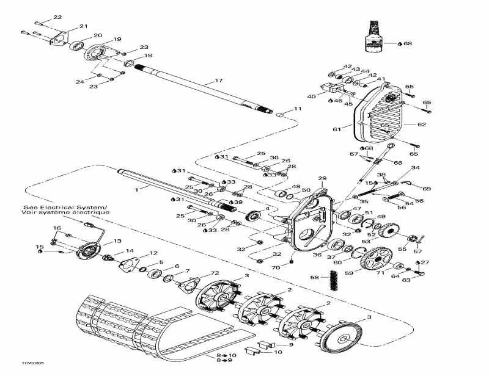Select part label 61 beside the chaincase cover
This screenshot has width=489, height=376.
pos(336,129)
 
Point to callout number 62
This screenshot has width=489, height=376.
pos(421,124)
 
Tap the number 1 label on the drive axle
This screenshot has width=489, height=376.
pos(138,190)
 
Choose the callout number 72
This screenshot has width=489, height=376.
pos(214,272)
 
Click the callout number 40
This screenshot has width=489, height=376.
pos(311,96)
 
